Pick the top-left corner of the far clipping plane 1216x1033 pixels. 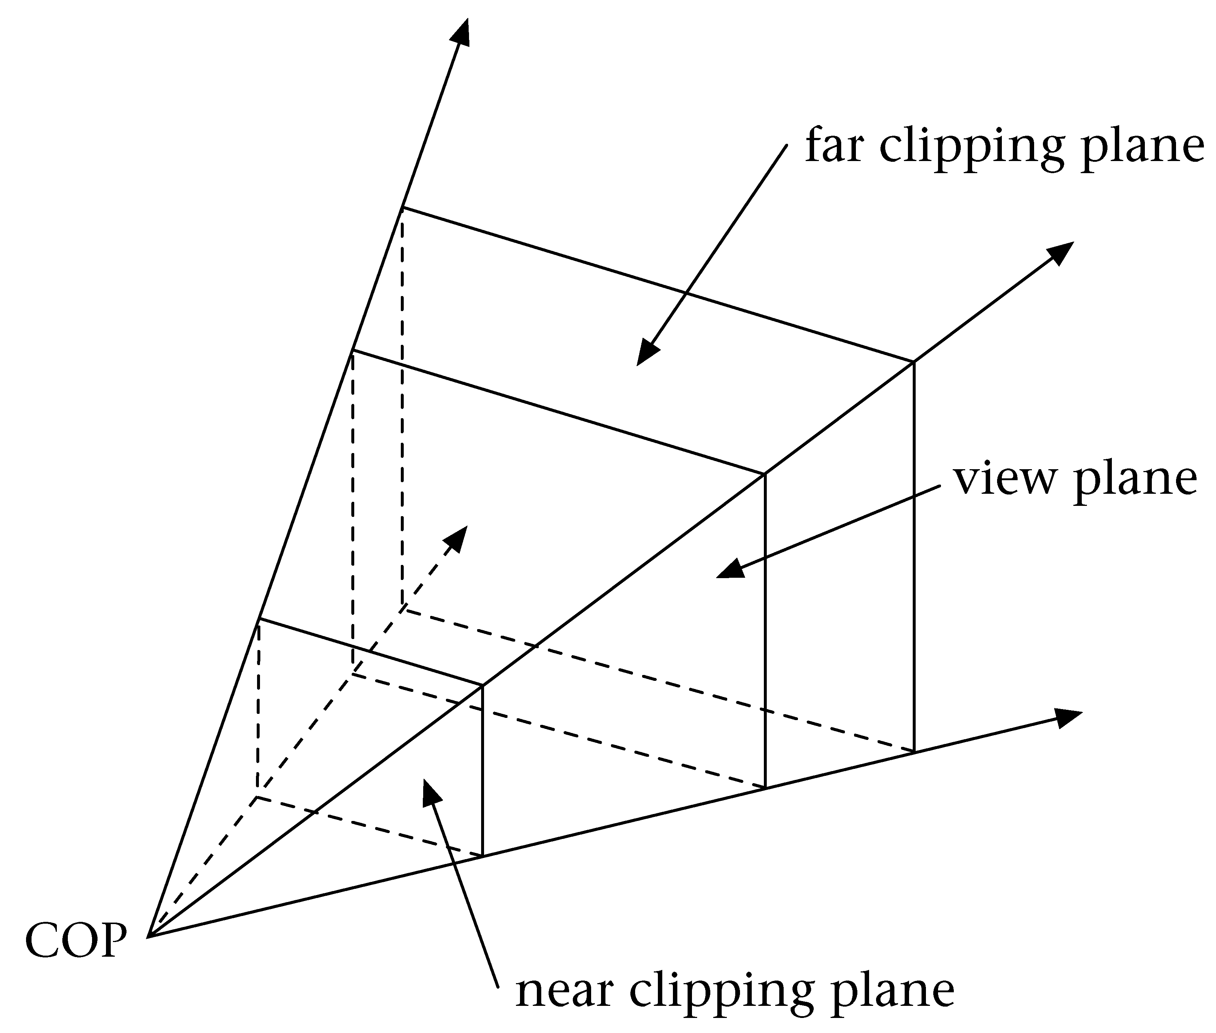coord(403,207)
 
